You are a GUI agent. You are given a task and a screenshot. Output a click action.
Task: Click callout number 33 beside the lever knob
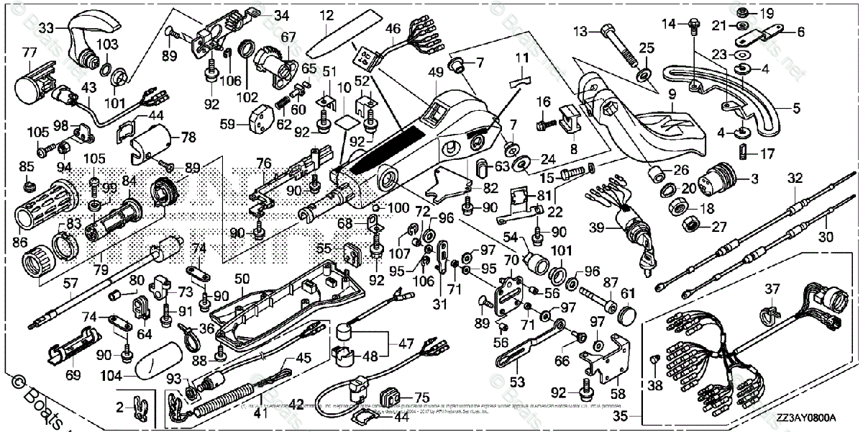(x=47, y=28)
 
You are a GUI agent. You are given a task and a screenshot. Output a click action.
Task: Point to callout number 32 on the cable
(x=795, y=177)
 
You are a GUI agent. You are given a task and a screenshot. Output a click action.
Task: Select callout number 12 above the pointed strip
(x=327, y=15)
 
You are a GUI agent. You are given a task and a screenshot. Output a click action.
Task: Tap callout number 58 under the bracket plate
(x=617, y=395)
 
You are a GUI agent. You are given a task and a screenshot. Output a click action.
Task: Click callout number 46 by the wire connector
(x=393, y=29)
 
